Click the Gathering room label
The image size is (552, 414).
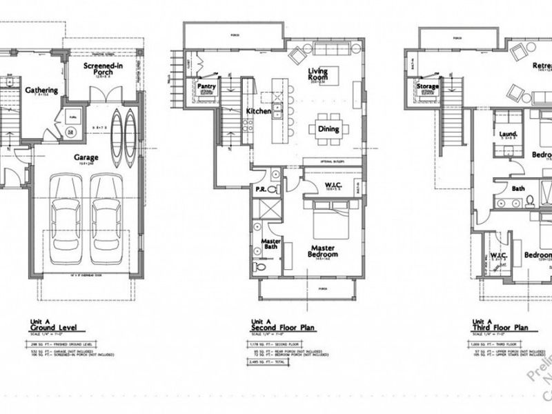[41, 90]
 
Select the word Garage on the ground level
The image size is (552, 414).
[86, 157]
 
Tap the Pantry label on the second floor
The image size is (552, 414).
[207, 86]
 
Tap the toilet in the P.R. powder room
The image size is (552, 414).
[271, 187]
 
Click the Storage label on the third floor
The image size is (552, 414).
[428, 86]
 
